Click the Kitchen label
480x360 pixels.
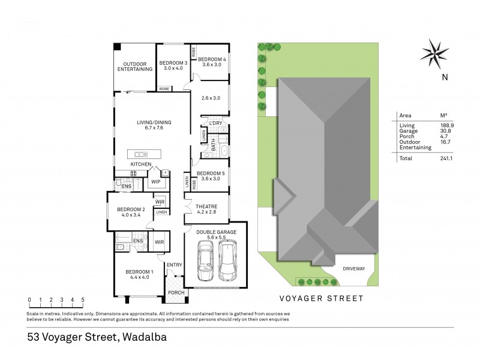[x=141, y=164]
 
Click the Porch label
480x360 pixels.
[x=175, y=293]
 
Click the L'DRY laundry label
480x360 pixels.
[x=215, y=123]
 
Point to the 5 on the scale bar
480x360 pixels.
[x=82, y=299]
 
